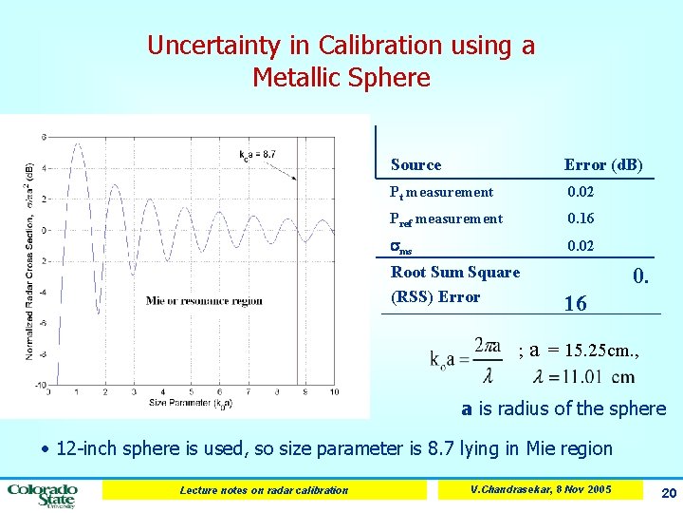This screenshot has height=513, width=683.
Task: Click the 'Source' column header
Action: (x=415, y=165)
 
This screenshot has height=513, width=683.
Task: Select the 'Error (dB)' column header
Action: (x=603, y=165)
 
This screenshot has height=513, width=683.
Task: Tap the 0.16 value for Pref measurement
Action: (x=581, y=218)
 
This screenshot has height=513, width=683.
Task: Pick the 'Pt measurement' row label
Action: (x=441, y=192)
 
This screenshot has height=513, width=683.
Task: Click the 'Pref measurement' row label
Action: (x=446, y=219)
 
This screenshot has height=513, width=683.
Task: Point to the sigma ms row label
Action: (x=401, y=247)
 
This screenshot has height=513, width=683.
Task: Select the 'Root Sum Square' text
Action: (x=455, y=273)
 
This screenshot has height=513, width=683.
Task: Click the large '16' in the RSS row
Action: (x=575, y=304)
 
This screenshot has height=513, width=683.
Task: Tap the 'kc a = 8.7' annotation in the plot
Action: (x=256, y=154)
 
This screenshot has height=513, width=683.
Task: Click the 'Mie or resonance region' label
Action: (x=204, y=301)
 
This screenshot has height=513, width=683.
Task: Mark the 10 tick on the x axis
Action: (x=334, y=391)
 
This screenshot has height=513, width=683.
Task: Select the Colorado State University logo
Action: (x=43, y=493)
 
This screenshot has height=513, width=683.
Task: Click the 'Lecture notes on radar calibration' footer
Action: (x=264, y=490)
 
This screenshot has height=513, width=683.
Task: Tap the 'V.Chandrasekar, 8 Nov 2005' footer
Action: (x=540, y=489)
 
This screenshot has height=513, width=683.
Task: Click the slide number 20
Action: (x=665, y=492)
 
